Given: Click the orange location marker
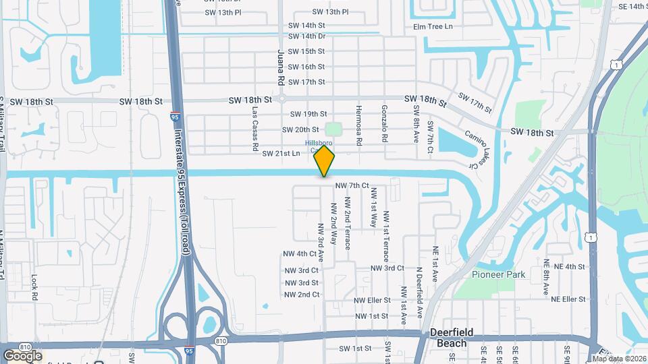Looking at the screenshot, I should [x=325, y=160].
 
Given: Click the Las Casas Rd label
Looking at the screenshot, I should [x=255, y=128].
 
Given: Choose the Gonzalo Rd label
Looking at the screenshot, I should [x=384, y=123].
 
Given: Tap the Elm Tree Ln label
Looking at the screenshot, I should [x=433, y=27].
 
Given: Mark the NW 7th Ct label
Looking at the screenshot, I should [x=352, y=185].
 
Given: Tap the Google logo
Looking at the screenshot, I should [x=22, y=355].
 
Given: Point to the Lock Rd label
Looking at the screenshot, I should [x=34, y=286].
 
